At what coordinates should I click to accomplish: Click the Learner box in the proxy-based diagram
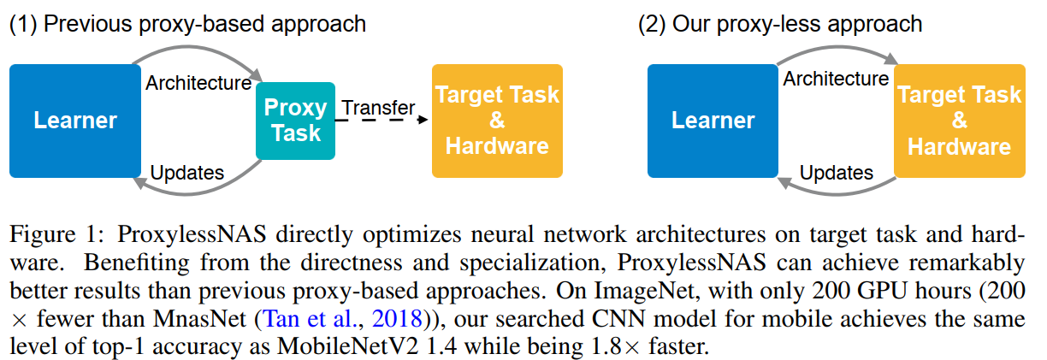[74, 120]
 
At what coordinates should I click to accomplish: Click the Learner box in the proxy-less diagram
[713, 120]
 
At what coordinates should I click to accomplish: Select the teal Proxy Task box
[294, 121]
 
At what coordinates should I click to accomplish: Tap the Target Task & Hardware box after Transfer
[497, 120]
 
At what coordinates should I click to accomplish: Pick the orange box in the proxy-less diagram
[959, 120]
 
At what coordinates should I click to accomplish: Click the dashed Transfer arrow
[381, 121]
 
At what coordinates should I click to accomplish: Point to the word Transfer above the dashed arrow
[378, 108]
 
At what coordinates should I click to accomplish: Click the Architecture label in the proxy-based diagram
[198, 83]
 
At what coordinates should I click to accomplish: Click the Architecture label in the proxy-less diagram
[836, 80]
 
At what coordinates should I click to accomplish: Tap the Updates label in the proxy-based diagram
[186, 173]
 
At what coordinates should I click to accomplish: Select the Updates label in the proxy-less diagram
[836, 173]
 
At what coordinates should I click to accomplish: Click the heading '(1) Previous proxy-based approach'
[187, 23]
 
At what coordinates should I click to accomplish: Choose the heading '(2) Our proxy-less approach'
[780, 23]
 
